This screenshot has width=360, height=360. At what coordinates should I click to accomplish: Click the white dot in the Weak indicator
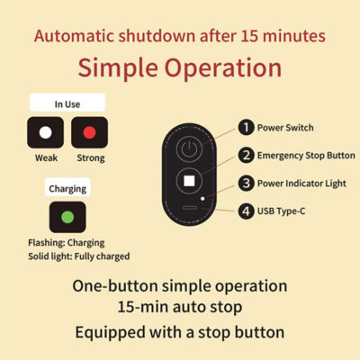[46, 132]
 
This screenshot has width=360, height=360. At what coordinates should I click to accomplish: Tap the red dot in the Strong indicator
[89, 132]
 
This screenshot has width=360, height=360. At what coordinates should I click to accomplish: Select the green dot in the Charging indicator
[67, 217]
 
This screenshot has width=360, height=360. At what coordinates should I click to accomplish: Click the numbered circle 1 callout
[247, 127]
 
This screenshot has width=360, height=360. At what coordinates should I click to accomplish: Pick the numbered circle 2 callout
[247, 155]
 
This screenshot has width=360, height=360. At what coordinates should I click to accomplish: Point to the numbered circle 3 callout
[247, 183]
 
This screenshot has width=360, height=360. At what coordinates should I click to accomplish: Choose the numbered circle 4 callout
[247, 211]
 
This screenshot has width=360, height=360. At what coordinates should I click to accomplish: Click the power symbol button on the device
[189, 149]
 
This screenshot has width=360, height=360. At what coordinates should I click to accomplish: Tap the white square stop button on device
[189, 181]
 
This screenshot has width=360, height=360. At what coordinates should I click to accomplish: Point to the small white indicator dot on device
[202, 199]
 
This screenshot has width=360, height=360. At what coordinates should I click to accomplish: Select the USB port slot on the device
[190, 207]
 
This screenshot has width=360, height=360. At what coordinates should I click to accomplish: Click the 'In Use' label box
[67, 103]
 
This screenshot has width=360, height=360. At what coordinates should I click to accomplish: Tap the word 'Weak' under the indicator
[46, 157]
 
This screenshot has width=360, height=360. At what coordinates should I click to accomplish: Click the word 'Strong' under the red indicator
[91, 158]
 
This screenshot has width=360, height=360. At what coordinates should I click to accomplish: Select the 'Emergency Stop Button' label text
[306, 156]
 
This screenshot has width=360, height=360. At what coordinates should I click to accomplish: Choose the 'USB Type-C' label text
[281, 211]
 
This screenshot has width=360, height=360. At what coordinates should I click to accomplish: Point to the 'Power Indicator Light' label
[301, 184]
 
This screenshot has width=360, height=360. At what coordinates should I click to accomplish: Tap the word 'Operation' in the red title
[223, 68]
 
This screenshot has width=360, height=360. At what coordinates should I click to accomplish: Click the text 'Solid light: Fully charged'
[79, 256]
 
